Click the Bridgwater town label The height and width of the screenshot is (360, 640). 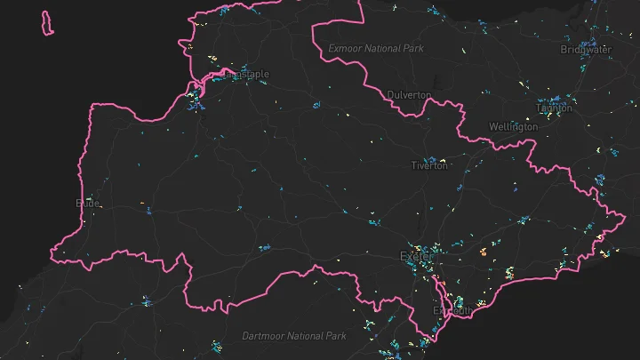point(586,50)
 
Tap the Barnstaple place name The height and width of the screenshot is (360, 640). point(240,75)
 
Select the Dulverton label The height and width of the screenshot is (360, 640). point(409,94)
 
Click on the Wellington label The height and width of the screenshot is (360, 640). point(513,127)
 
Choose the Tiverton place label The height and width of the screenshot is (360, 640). point(429,165)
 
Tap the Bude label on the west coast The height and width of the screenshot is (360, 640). point(89,203)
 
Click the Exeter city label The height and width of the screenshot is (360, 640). point(416,257)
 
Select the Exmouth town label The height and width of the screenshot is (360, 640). point(452,311)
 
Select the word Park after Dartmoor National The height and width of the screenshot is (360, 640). point(336,336)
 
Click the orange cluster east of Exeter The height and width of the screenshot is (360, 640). point(484,252)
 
